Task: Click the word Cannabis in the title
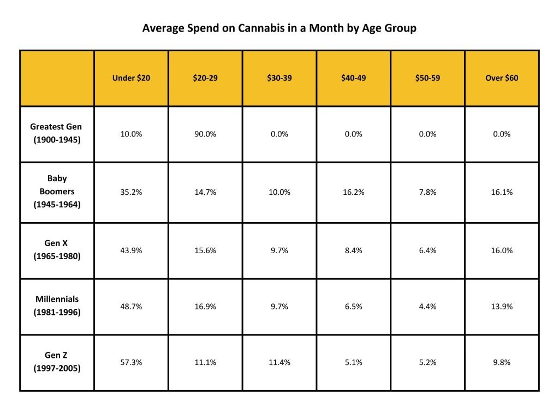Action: tap(258, 28)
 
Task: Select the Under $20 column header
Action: tap(131, 78)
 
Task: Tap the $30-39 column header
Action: tap(279, 78)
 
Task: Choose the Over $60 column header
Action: tap(502, 78)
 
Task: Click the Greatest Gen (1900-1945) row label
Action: tap(56, 133)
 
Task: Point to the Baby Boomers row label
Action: tap(57, 192)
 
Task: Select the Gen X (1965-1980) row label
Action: tap(57, 250)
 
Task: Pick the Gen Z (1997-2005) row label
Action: tap(57, 362)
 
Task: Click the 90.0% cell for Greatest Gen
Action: tap(205, 134)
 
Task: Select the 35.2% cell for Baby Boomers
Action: tap(131, 192)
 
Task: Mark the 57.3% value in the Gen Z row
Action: tap(131, 362)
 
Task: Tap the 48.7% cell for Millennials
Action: tap(131, 307)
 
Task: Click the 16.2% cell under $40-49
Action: tap(353, 192)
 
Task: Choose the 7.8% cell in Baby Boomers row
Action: tap(427, 192)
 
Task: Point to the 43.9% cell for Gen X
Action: tap(131, 250)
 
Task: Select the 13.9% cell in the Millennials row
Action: tap(502, 307)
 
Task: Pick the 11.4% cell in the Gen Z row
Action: tap(279, 362)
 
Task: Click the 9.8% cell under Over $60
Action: tap(502, 362)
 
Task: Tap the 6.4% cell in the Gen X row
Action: tap(427, 250)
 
